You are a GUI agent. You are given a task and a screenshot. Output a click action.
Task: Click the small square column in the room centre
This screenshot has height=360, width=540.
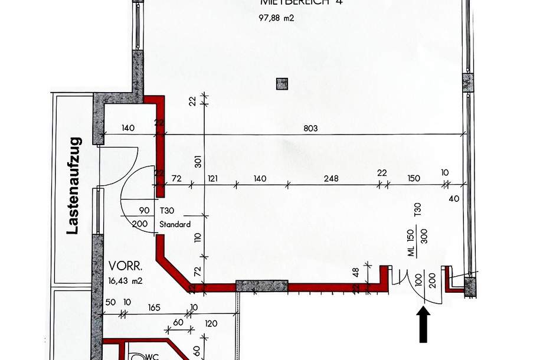pos(282,84)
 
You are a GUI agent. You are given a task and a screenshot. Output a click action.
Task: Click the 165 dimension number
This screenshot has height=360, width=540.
pos(154,307)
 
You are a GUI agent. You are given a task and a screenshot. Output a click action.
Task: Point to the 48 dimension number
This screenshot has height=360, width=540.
pos(355,273)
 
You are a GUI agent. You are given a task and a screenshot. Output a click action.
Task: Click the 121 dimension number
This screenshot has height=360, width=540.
pos(212,178)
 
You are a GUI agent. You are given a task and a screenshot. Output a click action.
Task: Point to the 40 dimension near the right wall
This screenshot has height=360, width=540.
pos(453,199)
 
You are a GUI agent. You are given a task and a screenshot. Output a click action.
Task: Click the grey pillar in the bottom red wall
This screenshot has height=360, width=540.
pos(262,286)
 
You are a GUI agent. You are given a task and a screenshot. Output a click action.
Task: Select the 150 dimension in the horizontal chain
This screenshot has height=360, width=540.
pos(414,178)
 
